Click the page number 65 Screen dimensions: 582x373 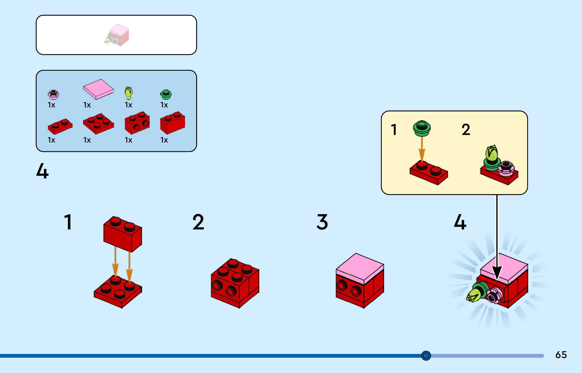(561, 355)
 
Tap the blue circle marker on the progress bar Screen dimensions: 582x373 (426, 356)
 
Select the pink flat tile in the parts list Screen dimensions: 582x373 (99, 89)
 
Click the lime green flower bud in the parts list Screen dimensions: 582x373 (129, 93)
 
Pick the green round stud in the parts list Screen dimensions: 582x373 (166, 94)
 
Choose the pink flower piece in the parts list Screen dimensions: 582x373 (53, 94)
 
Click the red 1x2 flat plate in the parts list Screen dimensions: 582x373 (60, 126)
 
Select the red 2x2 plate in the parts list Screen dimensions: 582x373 (99, 124)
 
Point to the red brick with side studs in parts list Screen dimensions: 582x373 (137, 122)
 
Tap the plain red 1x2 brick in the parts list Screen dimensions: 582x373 (173, 122)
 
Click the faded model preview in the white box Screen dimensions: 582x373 (117, 35)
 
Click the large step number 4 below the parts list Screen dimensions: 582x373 (42, 171)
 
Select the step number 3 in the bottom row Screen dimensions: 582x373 (322, 222)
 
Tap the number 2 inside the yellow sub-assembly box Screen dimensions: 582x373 (466, 130)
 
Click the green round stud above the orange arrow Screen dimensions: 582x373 (422, 128)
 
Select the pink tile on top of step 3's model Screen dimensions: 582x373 (360, 268)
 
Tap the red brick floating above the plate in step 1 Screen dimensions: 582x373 (123, 234)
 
